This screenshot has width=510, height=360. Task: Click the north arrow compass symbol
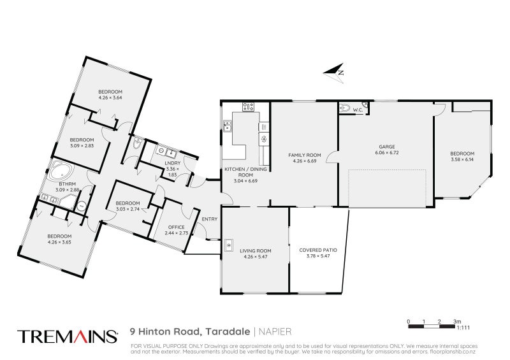(x=334, y=73)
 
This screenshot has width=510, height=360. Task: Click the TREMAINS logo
(x=68, y=336)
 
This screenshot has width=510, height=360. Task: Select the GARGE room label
(x=387, y=147)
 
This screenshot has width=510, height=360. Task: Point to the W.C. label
(x=358, y=110)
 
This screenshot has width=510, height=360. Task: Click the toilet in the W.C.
(x=345, y=108)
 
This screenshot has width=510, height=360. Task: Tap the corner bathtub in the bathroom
(x=62, y=171)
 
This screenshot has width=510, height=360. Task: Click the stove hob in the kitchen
(x=248, y=106)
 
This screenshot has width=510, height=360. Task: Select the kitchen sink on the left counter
(x=227, y=125)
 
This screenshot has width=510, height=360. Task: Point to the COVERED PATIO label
(x=317, y=250)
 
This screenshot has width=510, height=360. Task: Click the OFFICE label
(x=177, y=227)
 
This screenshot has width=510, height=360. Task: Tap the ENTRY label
(x=210, y=219)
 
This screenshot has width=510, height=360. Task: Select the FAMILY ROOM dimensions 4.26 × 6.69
(x=305, y=161)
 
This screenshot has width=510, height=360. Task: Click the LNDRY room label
(x=173, y=163)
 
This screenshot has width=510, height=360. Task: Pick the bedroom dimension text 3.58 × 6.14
(x=462, y=159)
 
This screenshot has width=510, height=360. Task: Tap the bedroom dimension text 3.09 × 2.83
(x=82, y=146)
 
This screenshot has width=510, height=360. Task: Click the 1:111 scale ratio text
(x=463, y=328)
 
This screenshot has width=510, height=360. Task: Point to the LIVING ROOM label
(x=256, y=251)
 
